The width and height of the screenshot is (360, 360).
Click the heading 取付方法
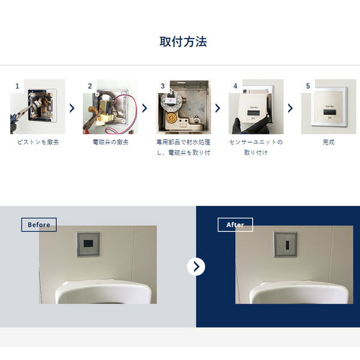coord(184,42)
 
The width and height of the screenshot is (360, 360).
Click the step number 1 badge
coord(17,86)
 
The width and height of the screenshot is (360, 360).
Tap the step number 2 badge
coord(90,86)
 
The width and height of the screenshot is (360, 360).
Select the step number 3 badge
coord(162,86)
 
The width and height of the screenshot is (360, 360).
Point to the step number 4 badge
coord(235,86)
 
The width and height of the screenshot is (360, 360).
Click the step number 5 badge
coord(308,86)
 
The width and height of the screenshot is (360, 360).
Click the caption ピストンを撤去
coord(37,143)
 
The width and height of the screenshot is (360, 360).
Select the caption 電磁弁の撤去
coord(110,143)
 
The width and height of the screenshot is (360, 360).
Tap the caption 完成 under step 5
coord(328,143)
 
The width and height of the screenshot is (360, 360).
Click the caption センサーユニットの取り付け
coord(256,148)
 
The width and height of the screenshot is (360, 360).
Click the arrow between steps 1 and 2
coord(72,108)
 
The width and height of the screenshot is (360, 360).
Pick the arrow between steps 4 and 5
coord(290,108)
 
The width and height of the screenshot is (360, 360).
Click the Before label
coord(39,225)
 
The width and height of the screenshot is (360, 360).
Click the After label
coord(235,225)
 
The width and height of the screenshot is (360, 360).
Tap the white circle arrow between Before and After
coord(196,266)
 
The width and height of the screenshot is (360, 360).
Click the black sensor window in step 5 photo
coord(328,112)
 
